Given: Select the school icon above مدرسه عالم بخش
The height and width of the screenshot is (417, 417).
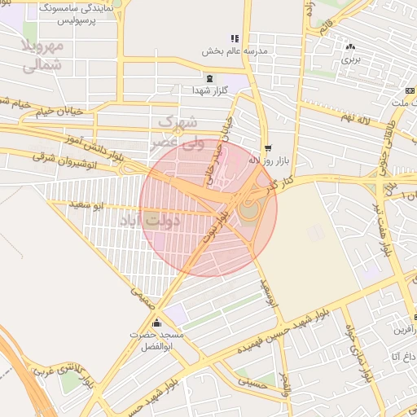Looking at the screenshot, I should tap(235, 38).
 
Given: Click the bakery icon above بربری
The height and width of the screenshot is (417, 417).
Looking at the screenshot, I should tap(350, 46).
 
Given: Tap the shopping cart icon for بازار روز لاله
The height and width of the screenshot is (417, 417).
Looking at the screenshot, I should tap(268, 148).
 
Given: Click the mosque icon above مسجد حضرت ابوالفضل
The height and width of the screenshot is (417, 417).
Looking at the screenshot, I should tap(156, 323).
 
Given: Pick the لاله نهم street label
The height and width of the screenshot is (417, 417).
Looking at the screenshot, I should tap(357, 120).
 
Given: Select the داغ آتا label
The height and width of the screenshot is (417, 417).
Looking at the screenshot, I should tap(402, 356).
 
